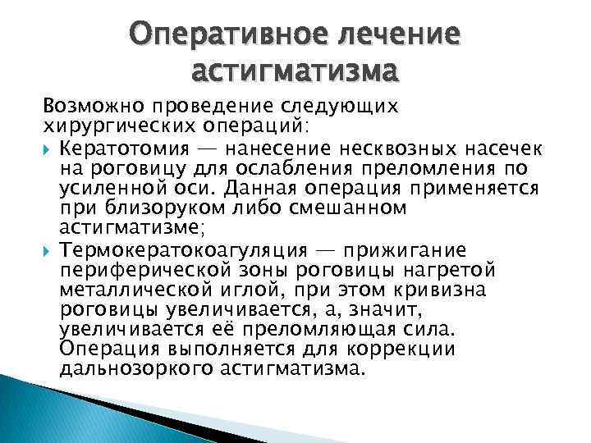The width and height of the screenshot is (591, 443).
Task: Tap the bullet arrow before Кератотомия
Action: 48,148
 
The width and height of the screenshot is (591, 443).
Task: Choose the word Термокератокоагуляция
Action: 181,249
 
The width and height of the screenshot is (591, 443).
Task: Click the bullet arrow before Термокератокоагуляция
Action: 48,249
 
